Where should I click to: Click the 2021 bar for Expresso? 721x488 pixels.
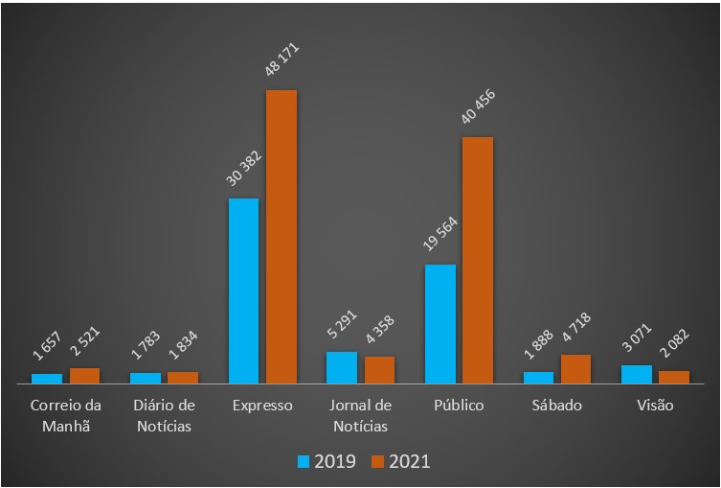coord(282,237)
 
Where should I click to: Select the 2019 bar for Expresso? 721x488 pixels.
coord(243,290)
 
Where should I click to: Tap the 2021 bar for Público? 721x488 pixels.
coord(478,260)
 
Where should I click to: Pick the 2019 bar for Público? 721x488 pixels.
coord(439,324)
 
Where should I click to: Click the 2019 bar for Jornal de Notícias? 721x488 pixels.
coord(341,367)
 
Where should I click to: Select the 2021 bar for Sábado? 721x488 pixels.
coord(575,369)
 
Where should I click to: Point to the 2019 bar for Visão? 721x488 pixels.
coord(636,374)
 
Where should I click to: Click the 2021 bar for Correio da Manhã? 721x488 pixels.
coord(84,376)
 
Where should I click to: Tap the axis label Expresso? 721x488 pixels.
coord(262,406)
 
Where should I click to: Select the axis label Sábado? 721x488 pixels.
coord(556,406)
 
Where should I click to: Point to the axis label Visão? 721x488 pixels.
coord(655,406)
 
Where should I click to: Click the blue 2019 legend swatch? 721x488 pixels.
coord(304,461)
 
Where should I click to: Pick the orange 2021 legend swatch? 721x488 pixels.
coord(378,461)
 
